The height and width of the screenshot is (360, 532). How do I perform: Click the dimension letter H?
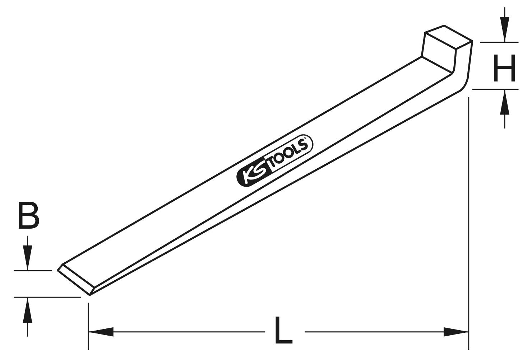click(504, 68)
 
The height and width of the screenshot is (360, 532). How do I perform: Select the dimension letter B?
click(28, 216)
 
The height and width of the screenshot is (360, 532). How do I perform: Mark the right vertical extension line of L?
click(468, 215)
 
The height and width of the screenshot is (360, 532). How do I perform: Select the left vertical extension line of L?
click(88, 323)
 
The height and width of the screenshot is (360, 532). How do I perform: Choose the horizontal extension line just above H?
click(499, 42)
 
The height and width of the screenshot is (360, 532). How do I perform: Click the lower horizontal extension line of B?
click(47, 297)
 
